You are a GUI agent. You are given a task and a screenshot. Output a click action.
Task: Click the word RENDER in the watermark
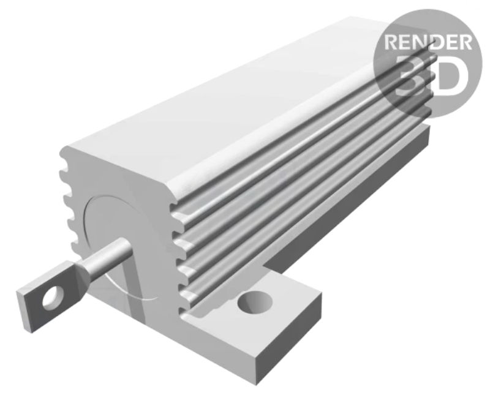click(428, 43)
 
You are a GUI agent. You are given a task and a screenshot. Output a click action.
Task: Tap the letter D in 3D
click(450, 75)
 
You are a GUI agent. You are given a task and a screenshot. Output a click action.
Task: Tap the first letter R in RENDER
click(392, 43)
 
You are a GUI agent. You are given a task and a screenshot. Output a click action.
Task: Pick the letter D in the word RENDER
click(437, 43)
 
